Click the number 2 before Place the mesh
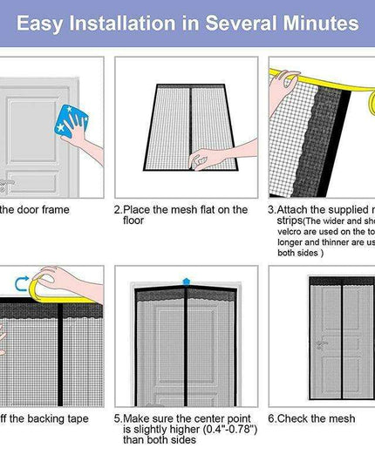tap(117, 210)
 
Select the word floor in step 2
tap(133, 221)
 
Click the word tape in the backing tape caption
tap(74, 419)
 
